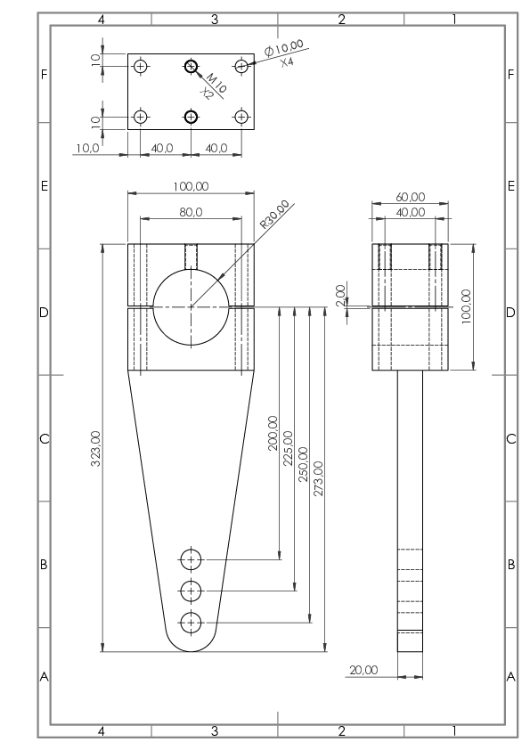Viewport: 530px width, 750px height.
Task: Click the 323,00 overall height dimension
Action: point(95,448)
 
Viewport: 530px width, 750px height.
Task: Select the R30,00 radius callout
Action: point(274,215)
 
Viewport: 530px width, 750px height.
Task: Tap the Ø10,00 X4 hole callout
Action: point(285,53)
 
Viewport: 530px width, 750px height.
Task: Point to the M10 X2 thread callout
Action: point(212,86)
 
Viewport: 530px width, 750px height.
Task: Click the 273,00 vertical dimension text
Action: point(319,478)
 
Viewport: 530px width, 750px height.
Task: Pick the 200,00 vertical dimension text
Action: point(273,434)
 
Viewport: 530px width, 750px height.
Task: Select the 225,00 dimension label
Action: point(288,448)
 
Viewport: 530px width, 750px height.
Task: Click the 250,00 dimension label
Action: point(303,464)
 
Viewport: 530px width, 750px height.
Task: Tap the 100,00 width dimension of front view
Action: point(191,186)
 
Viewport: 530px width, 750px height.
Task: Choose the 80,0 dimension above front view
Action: point(191,212)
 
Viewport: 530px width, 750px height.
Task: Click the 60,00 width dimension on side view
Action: point(411,197)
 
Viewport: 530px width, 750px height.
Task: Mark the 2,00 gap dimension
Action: point(340,296)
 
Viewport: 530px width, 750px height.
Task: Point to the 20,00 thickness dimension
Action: point(363,670)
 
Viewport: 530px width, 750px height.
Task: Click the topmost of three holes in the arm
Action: point(192,559)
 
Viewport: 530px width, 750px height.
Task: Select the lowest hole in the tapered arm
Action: point(192,623)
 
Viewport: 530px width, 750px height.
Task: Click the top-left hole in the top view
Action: point(140,66)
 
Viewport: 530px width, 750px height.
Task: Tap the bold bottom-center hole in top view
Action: point(191,117)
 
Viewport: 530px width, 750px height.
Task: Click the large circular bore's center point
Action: point(191,306)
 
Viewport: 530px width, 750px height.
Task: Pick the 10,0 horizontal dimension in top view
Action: point(87,148)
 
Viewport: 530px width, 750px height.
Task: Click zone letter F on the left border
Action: point(44,75)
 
